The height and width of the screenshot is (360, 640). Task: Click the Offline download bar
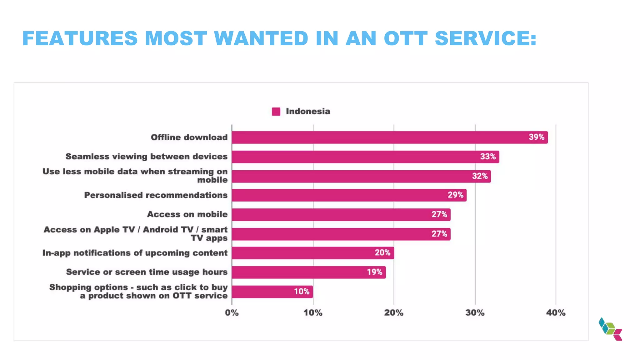pos(389,137)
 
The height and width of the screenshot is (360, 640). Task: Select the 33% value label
pos(488,157)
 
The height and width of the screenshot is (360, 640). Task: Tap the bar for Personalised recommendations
pos(349,195)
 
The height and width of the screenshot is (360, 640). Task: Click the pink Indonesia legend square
pos(276,112)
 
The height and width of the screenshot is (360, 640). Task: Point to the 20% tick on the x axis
pos(393,313)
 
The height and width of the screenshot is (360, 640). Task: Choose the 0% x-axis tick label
pos(232,313)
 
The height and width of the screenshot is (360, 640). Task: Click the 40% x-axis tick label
pos(556,313)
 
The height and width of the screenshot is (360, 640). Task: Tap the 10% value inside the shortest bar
pos(302,292)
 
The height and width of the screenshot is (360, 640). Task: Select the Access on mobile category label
pos(187,214)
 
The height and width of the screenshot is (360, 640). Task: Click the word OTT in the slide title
pos(405,38)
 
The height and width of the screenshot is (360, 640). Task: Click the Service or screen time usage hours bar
pos(309,272)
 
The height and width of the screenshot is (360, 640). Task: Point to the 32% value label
pos(480,176)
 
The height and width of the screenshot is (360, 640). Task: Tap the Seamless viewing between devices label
pos(146,157)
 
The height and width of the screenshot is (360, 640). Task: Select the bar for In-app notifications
pos(312,253)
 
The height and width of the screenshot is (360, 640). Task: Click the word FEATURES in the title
pos(80,38)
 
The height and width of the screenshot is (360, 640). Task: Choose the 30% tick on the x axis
pos(475,313)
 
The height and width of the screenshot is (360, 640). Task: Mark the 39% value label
pos(536,137)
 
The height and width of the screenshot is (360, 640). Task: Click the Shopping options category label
pos(138,291)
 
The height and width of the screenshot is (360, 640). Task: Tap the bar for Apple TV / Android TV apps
pos(341,234)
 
